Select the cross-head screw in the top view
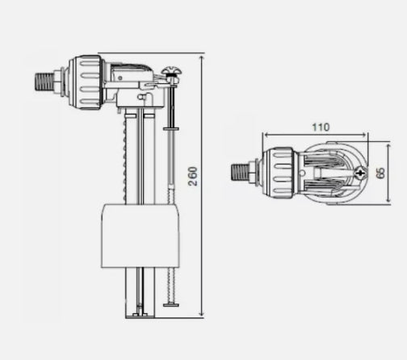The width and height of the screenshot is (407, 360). [358, 172]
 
